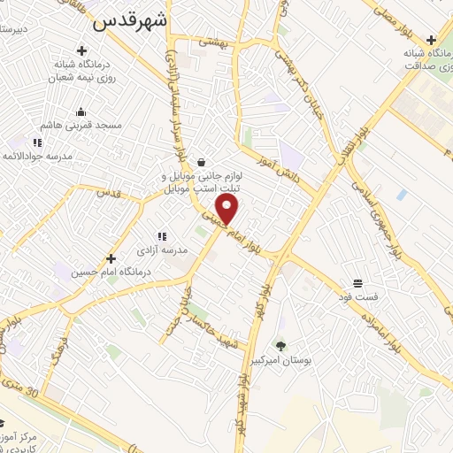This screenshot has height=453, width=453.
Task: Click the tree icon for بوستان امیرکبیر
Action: tap(281, 346)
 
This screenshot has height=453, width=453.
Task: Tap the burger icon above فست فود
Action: tap(357, 283)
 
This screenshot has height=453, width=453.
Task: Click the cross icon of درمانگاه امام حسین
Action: tap(111, 258)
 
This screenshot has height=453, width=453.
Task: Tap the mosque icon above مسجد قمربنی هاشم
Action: tap(81, 111)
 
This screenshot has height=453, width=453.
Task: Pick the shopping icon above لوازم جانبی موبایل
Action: tap(203, 161)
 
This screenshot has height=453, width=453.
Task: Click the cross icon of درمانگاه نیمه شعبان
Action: tap(82, 51)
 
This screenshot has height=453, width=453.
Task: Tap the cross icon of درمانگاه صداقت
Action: tap(430, 40)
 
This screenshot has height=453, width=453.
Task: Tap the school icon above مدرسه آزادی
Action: tap(161, 236)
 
